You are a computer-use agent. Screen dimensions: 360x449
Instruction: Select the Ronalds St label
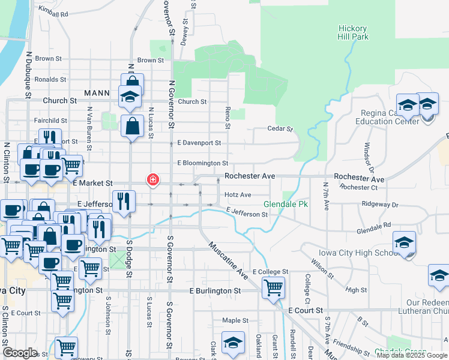50,79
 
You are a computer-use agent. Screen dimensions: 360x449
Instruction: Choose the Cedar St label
280,128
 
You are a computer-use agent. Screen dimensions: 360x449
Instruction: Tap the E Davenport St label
199,143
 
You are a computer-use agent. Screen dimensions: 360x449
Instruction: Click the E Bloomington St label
203,163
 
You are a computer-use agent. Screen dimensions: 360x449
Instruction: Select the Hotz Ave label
238,195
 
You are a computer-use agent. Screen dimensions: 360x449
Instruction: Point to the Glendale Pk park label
286,205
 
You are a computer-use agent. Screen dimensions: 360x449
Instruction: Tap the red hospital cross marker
153,179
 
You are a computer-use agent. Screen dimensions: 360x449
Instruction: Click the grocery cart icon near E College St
273,287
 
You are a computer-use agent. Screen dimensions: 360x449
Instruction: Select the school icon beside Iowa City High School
404,242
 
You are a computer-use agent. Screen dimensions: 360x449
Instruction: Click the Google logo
20,353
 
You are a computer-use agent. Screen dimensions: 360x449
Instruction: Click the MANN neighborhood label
97,93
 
